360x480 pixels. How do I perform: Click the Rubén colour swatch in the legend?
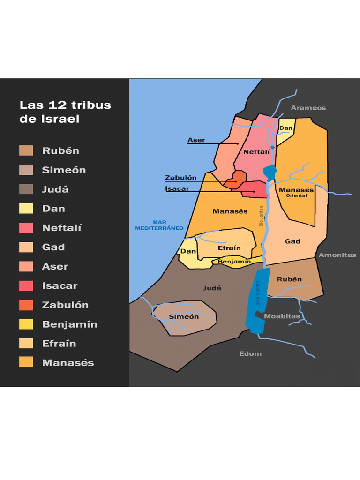26,150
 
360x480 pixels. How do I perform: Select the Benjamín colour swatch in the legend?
26,324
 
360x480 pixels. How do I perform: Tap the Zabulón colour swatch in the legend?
26,305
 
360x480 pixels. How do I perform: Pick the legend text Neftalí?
62,228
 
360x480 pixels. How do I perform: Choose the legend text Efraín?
59,344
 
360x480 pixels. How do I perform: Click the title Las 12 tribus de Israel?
65,112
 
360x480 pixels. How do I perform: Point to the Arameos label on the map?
308,108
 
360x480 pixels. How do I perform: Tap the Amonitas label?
337,255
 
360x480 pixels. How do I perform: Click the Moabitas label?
282,316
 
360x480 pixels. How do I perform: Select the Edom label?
250,353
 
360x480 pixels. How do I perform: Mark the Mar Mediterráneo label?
159,225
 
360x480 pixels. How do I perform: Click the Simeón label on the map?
184,316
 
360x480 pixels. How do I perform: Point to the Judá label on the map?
212,288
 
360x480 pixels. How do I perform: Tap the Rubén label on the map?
289,279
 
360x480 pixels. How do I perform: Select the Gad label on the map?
292,241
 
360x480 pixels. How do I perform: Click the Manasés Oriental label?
296,192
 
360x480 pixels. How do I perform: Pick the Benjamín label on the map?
234,262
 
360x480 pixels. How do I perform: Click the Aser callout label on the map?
196,140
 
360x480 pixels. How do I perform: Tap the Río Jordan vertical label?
262,217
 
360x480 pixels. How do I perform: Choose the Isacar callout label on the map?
177,189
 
